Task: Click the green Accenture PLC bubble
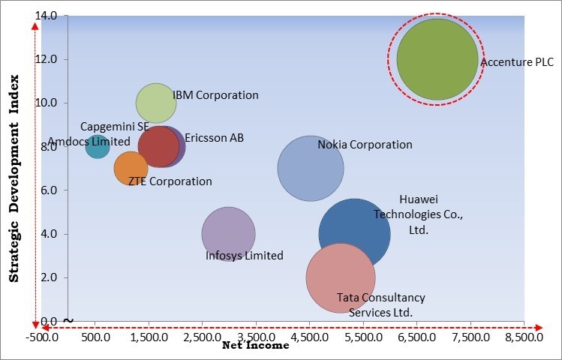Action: pos(437,59)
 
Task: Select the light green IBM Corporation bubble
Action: pos(156,103)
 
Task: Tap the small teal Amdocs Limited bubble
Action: pos(98,145)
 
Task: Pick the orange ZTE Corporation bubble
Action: pos(131,168)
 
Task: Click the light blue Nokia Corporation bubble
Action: pos(310,168)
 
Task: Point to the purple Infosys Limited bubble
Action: pos(228,233)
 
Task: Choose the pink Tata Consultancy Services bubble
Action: pos(340,277)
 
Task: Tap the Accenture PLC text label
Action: pos(517,62)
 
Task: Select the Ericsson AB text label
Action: pos(214,138)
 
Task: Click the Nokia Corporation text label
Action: pos(365,145)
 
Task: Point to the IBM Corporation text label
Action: pos(215,95)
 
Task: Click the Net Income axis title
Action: pos(255,346)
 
